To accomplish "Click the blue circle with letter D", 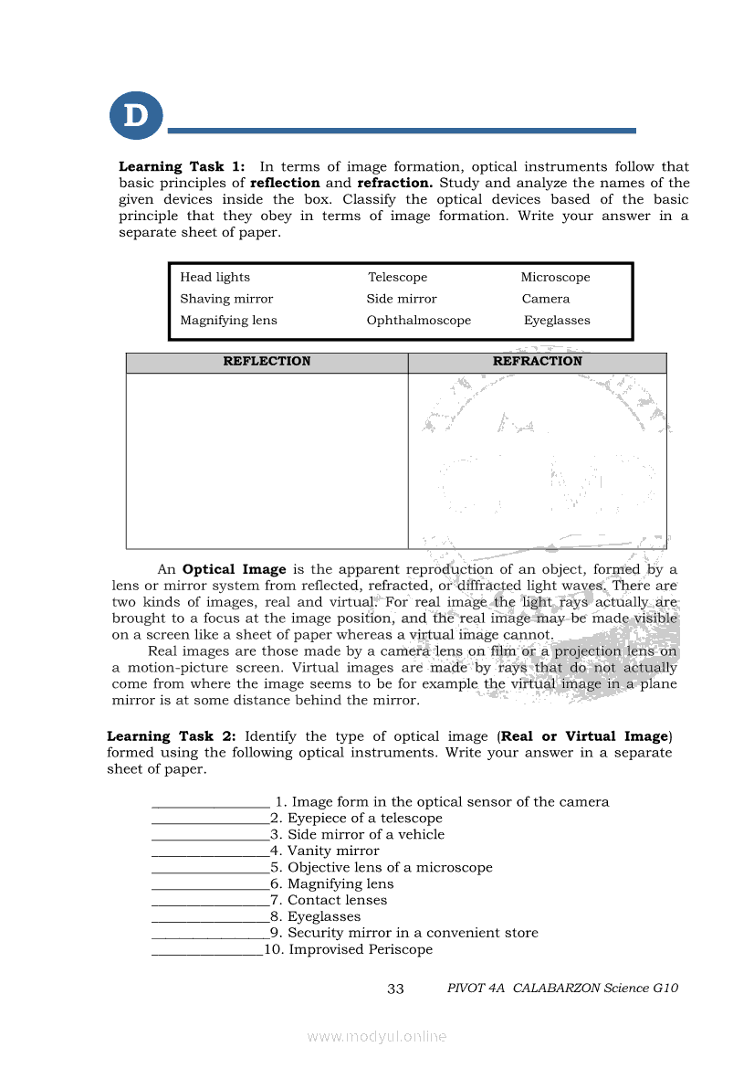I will click(136, 116).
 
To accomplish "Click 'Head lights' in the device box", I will click(215, 277).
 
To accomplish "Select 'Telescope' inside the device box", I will click(397, 277).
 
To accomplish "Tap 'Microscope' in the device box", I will click(555, 277).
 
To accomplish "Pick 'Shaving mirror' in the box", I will click(226, 299).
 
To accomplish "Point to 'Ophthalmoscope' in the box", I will click(419, 321).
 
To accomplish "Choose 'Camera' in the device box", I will click(546, 299).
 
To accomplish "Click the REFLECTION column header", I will click(267, 362).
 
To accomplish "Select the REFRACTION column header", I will click(537, 362).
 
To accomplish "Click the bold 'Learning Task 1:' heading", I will click(182, 166).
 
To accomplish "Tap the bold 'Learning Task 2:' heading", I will click(172, 736).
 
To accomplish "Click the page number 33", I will click(395, 989).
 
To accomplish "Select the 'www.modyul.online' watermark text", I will click(377, 1036).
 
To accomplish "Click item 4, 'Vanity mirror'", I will click(324, 851).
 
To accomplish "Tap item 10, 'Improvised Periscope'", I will click(349, 949).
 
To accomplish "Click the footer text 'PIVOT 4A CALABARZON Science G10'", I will click(562, 989).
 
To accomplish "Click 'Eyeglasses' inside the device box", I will click(557, 321).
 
